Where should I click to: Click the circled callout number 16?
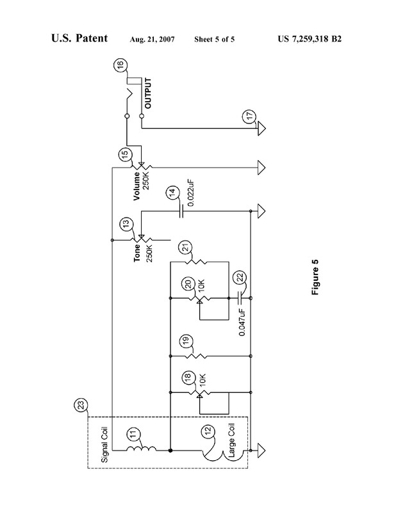pyautogui.click(x=120, y=65)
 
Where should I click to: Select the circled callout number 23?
pyautogui.click(x=81, y=405)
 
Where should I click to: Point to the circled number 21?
pyautogui.click(x=185, y=248)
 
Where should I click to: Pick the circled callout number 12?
pyautogui.click(x=209, y=431)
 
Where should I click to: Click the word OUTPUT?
pyautogui.click(x=148, y=93)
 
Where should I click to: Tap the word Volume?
pyautogui.click(x=137, y=186)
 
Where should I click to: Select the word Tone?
pyautogui.click(x=137, y=253)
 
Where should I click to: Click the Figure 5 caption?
pyautogui.click(x=315, y=277)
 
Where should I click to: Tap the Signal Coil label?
pyautogui.click(x=104, y=445)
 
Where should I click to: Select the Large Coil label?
pyautogui.click(x=231, y=440)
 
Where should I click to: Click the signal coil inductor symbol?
pyautogui.click(x=141, y=448)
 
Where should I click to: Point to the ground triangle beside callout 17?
pyautogui.click(x=261, y=129)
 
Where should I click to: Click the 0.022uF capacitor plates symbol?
pyautogui.click(x=181, y=211)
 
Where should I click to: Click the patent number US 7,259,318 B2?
pyautogui.click(x=310, y=39)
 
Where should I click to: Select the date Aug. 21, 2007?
pyautogui.click(x=152, y=40)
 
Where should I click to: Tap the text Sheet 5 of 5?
pyautogui.click(x=214, y=40)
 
